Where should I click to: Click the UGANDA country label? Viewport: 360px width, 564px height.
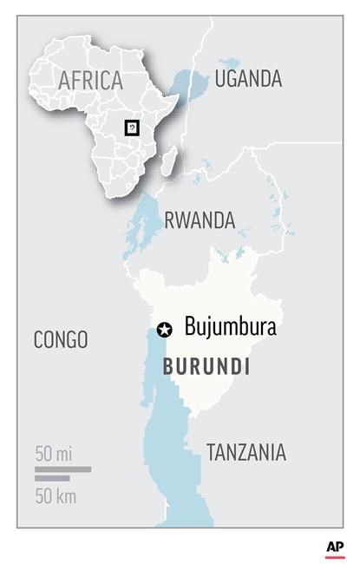click(x=248, y=79)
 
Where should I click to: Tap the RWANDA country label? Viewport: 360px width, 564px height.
click(x=200, y=220)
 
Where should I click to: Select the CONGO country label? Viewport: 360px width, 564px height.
click(x=61, y=339)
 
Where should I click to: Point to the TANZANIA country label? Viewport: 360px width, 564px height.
click(x=245, y=452)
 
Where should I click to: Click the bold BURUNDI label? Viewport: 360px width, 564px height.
click(x=206, y=367)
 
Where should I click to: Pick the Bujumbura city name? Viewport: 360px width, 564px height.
click(x=230, y=328)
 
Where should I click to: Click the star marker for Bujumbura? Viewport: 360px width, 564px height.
click(x=164, y=329)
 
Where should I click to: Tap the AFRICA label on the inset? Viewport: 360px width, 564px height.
click(x=90, y=81)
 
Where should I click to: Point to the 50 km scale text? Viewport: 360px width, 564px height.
click(x=56, y=496)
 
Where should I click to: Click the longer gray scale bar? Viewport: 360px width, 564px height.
click(x=62, y=469)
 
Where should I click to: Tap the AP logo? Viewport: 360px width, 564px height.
click(x=335, y=547)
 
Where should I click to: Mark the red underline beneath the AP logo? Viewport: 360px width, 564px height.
click(x=335, y=556)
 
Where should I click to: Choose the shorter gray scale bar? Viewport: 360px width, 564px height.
click(x=53, y=478)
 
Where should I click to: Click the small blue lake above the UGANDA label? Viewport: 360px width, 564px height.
click(x=229, y=62)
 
